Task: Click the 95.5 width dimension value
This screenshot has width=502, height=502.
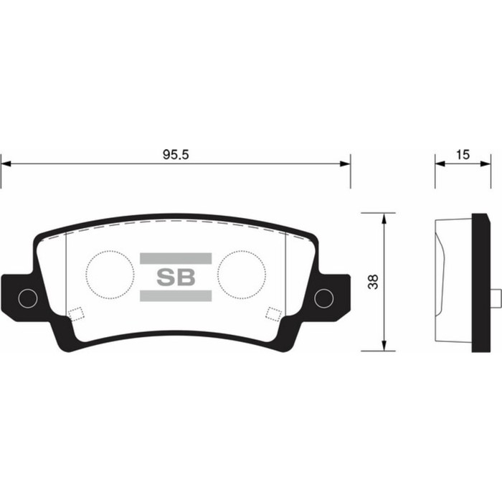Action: coord(175,154)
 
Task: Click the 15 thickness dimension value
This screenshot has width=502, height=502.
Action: coord(463,154)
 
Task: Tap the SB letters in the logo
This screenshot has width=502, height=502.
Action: coord(175,278)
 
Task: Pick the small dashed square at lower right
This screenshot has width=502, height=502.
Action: coord(273,313)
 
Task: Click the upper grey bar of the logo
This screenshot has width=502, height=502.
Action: coord(175,258)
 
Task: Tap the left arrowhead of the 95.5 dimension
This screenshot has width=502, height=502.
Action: coord(6,164)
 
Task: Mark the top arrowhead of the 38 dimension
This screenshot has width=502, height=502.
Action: coord(386,217)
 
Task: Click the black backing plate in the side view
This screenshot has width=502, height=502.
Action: coord(479,282)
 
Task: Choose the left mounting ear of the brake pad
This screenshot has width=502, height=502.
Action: coord(18,294)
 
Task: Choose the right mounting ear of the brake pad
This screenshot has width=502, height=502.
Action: coord(333,294)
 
